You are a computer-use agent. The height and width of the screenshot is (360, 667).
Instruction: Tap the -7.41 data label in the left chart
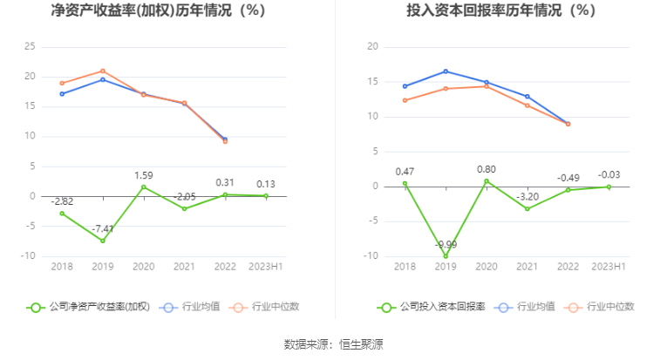pyautogui.click(x=103, y=228)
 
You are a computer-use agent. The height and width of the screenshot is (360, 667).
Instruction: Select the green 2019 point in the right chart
pyautogui.click(x=446, y=256)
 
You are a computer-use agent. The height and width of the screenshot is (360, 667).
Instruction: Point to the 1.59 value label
pyautogui.click(x=144, y=175)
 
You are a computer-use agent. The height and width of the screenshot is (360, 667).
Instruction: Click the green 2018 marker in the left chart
pyautogui.click(x=62, y=213)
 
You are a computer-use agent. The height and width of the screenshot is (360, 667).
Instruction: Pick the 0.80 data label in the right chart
pyautogui.click(x=487, y=169)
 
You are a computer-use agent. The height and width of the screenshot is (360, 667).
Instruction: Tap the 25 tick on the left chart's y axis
pyautogui.click(x=31, y=46)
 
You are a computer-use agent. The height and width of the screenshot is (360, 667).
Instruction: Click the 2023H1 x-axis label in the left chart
pyautogui.click(x=266, y=266)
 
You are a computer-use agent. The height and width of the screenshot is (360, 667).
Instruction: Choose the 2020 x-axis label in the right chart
pyautogui.click(x=487, y=266)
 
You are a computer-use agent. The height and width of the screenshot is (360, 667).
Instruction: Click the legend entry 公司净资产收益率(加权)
pyautogui.click(x=89, y=307)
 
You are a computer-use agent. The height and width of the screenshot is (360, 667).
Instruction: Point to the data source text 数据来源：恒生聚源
pyautogui.click(x=333, y=344)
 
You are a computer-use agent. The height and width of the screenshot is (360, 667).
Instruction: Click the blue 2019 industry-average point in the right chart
pyautogui.click(x=446, y=71)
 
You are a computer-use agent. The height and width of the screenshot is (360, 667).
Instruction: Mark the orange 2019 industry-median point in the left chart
pyautogui.click(x=103, y=71)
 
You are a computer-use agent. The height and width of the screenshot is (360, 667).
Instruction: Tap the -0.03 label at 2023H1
pyautogui.click(x=608, y=174)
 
